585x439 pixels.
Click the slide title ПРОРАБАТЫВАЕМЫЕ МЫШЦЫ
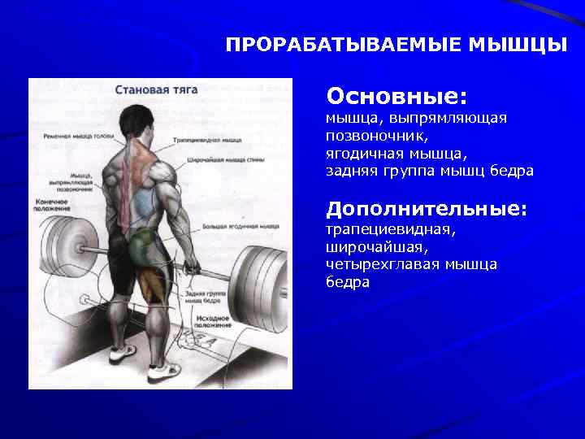coord(396,44)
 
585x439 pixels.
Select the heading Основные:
coord(396,97)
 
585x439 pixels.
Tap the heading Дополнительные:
coord(427,209)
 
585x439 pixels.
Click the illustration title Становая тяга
coord(152,90)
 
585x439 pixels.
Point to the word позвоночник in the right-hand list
coord(376,136)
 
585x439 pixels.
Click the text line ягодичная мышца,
coord(396,153)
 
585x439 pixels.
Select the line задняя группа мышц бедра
coord(429,171)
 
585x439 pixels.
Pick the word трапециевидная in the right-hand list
coord(390,228)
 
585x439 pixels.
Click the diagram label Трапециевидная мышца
coord(207,140)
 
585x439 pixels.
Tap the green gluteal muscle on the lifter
coord(144,243)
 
